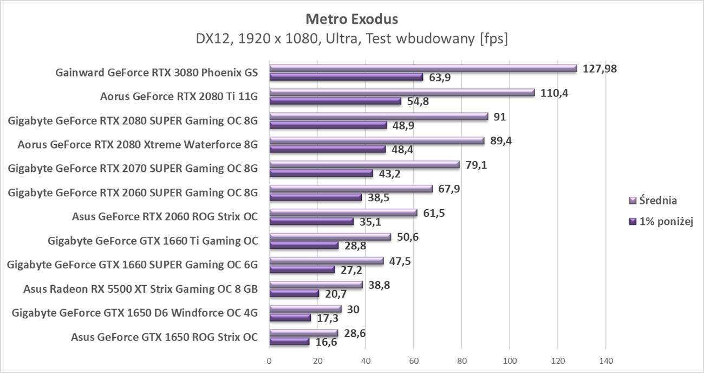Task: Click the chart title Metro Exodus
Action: point(351,20)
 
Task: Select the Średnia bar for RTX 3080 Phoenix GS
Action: point(422,68)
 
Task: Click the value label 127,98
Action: point(599,68)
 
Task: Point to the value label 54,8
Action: point(418,101)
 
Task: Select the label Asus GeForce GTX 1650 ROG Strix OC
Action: point(164,337)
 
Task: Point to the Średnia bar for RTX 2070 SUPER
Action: point(364,164)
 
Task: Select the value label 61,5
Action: point(434,213)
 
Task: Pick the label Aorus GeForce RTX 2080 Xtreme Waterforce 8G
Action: point(138,145)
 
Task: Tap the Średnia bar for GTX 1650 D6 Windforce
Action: point(305,309)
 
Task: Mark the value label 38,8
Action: point(379,284)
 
